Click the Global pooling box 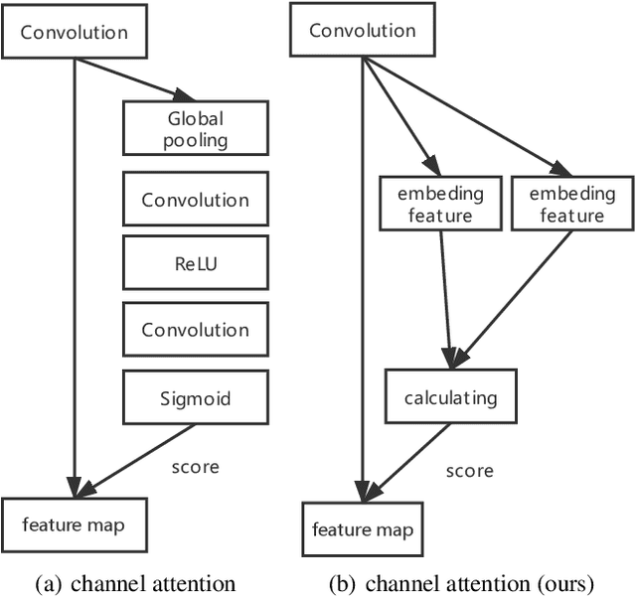195,129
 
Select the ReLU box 195,264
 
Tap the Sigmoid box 195,399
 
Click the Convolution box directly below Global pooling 195,199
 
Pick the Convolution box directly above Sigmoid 195,330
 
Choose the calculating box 450,398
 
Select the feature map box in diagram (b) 362,530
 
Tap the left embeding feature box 439,204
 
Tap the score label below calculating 469,470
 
